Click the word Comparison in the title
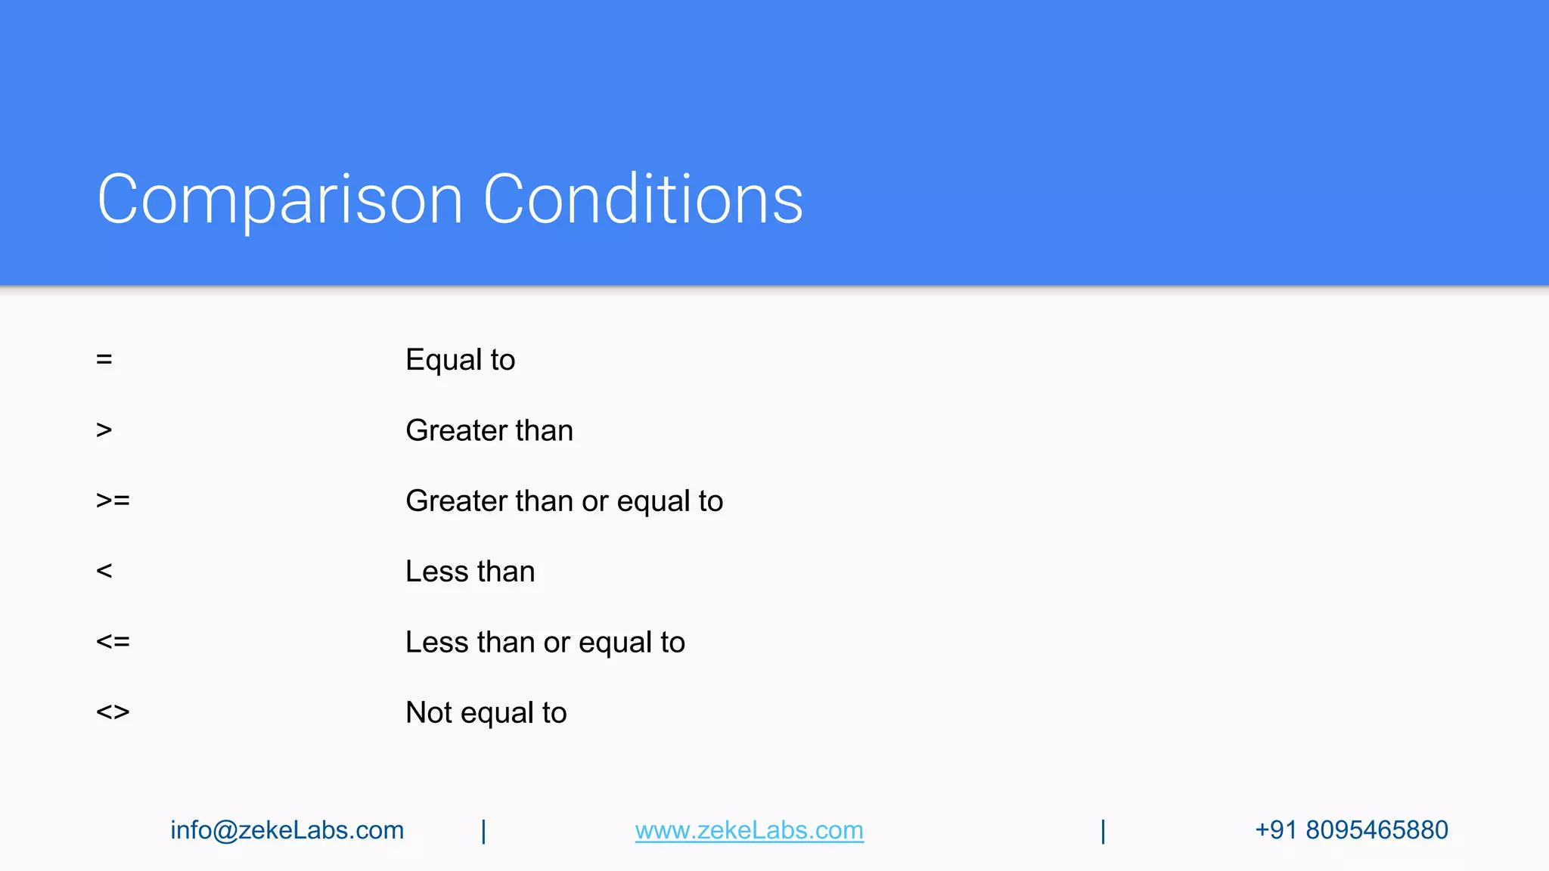(x=280, y=200)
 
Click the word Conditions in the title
(x=643, y=200)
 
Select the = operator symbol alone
(x=104, y=359)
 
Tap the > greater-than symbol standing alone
(x=104, y=430)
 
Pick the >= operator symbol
(x=113, y=501)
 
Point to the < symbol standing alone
(x=104, y=571)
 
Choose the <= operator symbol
(x=113, y=642)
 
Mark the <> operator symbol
(x=113, y=712)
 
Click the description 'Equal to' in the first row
(x=460, y=360)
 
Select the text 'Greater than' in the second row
(x=489, y=430)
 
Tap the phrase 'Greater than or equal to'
(x=564, y=501)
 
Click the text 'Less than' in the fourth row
(x=470, y=572)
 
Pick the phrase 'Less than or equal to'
(x=545, y=643)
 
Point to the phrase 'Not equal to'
(x=486, y=713)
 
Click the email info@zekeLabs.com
(x=287, y=830)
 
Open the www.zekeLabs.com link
(x=749, y=830)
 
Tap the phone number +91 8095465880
(x=1351, y=830)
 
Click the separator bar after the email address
(x=484, y=831)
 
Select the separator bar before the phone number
(x=1104, y=831)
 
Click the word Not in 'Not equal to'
(x=429, y=713)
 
